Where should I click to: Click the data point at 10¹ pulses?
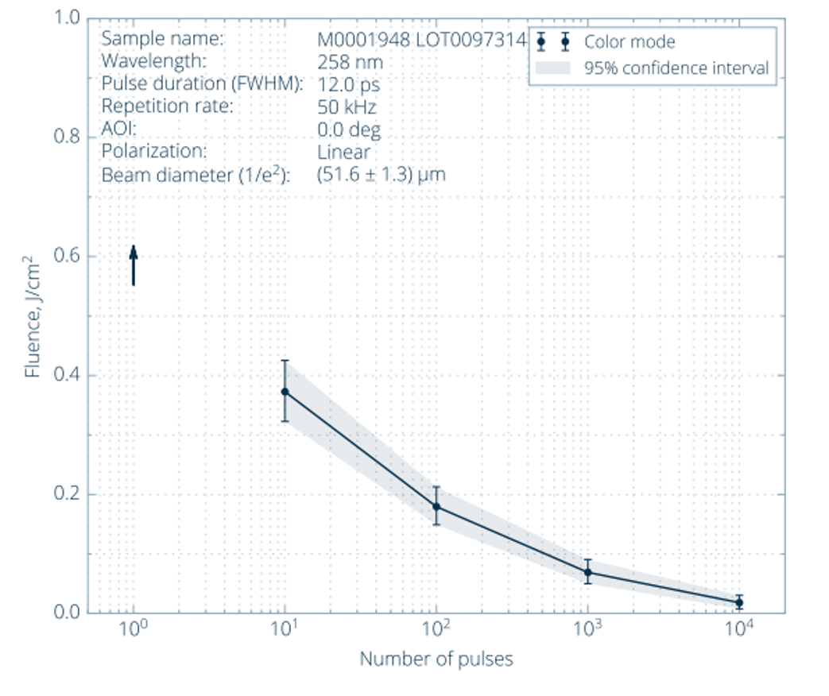(x=285, y=392)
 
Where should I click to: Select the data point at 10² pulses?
(x=436, y=507)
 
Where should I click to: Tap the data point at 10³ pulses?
(x=587, y=572)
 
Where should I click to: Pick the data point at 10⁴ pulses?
(x=739, y=602)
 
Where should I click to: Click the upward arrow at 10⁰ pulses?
(x=134, y=265)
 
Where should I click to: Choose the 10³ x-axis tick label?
(x=587, y=629)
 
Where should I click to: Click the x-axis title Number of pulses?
(x=436, y=659)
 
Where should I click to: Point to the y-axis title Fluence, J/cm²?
(x=32, y=315)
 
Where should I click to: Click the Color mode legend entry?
(x=629, y=42)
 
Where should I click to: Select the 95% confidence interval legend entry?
(x=676, y=68)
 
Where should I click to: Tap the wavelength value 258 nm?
(x=350, y=62)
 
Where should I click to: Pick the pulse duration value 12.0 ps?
(x=348, y=84)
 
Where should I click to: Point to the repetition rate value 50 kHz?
(x=347, y=107)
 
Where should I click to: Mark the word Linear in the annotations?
(x=343, y=152)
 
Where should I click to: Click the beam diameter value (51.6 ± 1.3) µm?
(x=382, y=175)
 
